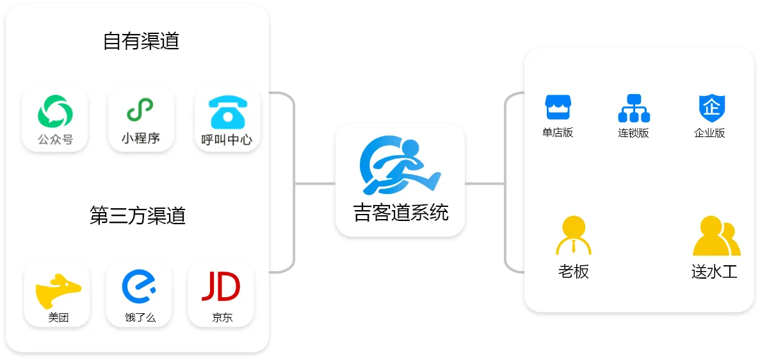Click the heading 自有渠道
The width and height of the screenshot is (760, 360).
click(141, 42)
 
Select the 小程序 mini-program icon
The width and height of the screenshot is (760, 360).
click(141, 110)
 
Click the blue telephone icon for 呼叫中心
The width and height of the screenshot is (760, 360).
click(227, 112)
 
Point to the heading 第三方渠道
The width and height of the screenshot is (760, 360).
click(138, 216)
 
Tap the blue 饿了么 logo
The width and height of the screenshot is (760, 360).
click(140, 286)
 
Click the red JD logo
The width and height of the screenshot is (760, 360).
click(221, 286)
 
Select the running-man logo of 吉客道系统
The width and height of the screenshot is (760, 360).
click(400, 165)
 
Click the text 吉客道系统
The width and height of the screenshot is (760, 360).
click(401, 213)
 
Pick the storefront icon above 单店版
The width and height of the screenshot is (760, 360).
click(557, 107)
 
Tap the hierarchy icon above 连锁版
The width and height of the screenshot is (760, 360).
click(634, 108)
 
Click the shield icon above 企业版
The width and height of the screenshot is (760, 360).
click(711, 108)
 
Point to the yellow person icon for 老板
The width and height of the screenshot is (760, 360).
click(573, 236)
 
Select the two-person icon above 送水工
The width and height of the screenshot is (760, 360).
click(716, 236)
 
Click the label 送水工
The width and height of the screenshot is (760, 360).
click(715, 272)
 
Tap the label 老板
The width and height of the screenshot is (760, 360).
click(573, 272)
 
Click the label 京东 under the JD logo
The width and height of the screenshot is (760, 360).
click(222, 317)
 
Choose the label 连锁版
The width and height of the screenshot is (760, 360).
click(633, 133)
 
